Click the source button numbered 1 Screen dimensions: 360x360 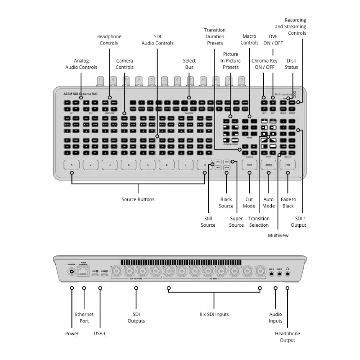(x=72, y=165)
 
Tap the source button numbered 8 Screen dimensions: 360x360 (x=204, y=165)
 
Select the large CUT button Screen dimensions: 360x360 (x=249, y=165)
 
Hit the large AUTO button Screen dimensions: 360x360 (x=269, y=165)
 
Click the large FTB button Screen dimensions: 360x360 (x=288, y=165)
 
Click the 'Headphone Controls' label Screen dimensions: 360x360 (x=109, y=40)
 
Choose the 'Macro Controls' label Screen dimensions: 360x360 (x=249, y=40)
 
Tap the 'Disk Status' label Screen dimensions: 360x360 (x=292, y=64)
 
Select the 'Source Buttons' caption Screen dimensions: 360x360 (x=138, y=199)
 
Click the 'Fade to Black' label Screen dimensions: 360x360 (x=288, y=202)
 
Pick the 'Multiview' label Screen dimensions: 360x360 (x=278, y=235)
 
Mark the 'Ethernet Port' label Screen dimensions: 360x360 (x=84, y=318)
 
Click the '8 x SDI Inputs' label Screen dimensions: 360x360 (x=214, y=314)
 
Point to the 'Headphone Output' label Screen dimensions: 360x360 (x=287, y=337)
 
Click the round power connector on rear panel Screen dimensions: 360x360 (x=72, y=272)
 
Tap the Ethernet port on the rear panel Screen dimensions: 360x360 (x=84, y=272)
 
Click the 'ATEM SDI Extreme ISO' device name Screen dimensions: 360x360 (x=77, y=94)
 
